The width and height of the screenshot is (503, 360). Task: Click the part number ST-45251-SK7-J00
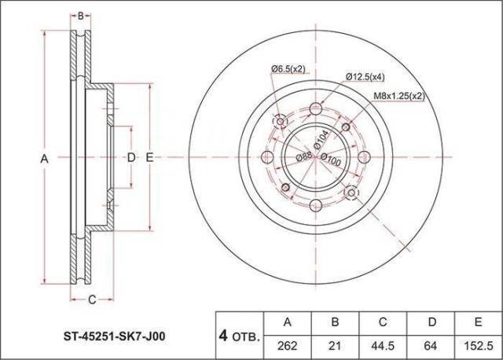(115, 336)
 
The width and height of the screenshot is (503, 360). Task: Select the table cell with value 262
(288, 345)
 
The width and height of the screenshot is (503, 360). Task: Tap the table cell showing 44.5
(383, 345)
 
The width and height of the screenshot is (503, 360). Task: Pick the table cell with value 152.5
(479, 345)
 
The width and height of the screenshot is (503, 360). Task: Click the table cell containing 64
(431, 345)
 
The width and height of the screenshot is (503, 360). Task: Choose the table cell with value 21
(335, 345)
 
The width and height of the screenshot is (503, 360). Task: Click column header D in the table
(431, 322)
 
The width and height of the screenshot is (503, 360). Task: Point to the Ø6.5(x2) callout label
(288, 68)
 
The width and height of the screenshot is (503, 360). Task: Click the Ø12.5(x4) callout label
(365, 77)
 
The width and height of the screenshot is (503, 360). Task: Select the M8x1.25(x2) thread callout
(399, 96)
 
